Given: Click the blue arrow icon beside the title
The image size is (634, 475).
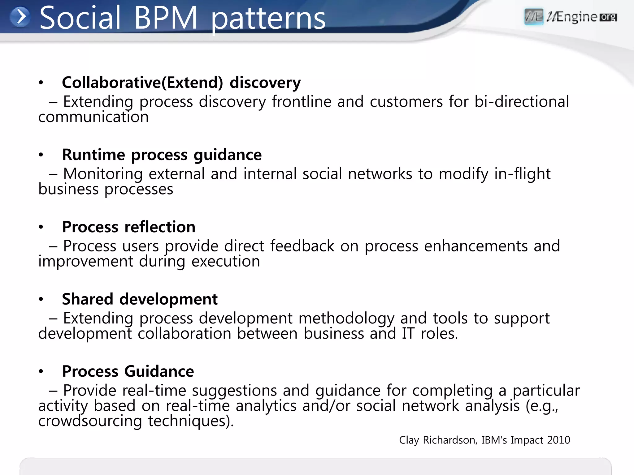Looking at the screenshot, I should [20, 17].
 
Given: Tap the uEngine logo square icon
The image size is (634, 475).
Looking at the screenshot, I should [534, 16].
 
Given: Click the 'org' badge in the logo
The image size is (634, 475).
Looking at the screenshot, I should [608, 17].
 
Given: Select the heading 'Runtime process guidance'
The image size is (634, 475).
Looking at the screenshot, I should [162, 155].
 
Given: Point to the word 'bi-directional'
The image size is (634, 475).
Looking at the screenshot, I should [522, 101].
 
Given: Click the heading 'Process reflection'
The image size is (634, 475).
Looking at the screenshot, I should [129, 227].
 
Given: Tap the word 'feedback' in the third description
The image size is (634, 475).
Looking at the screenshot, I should [302, 246].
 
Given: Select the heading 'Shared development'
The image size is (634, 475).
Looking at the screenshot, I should [140, 299].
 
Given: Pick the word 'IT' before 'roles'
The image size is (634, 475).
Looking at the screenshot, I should [408, 334].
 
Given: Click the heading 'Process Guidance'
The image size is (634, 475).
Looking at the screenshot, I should [128, 371].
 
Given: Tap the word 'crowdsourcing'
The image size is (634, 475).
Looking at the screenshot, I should [90, 421].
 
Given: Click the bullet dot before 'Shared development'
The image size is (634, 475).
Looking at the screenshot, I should [41, 299].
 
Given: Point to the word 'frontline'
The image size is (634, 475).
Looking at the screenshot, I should [302, 101].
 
